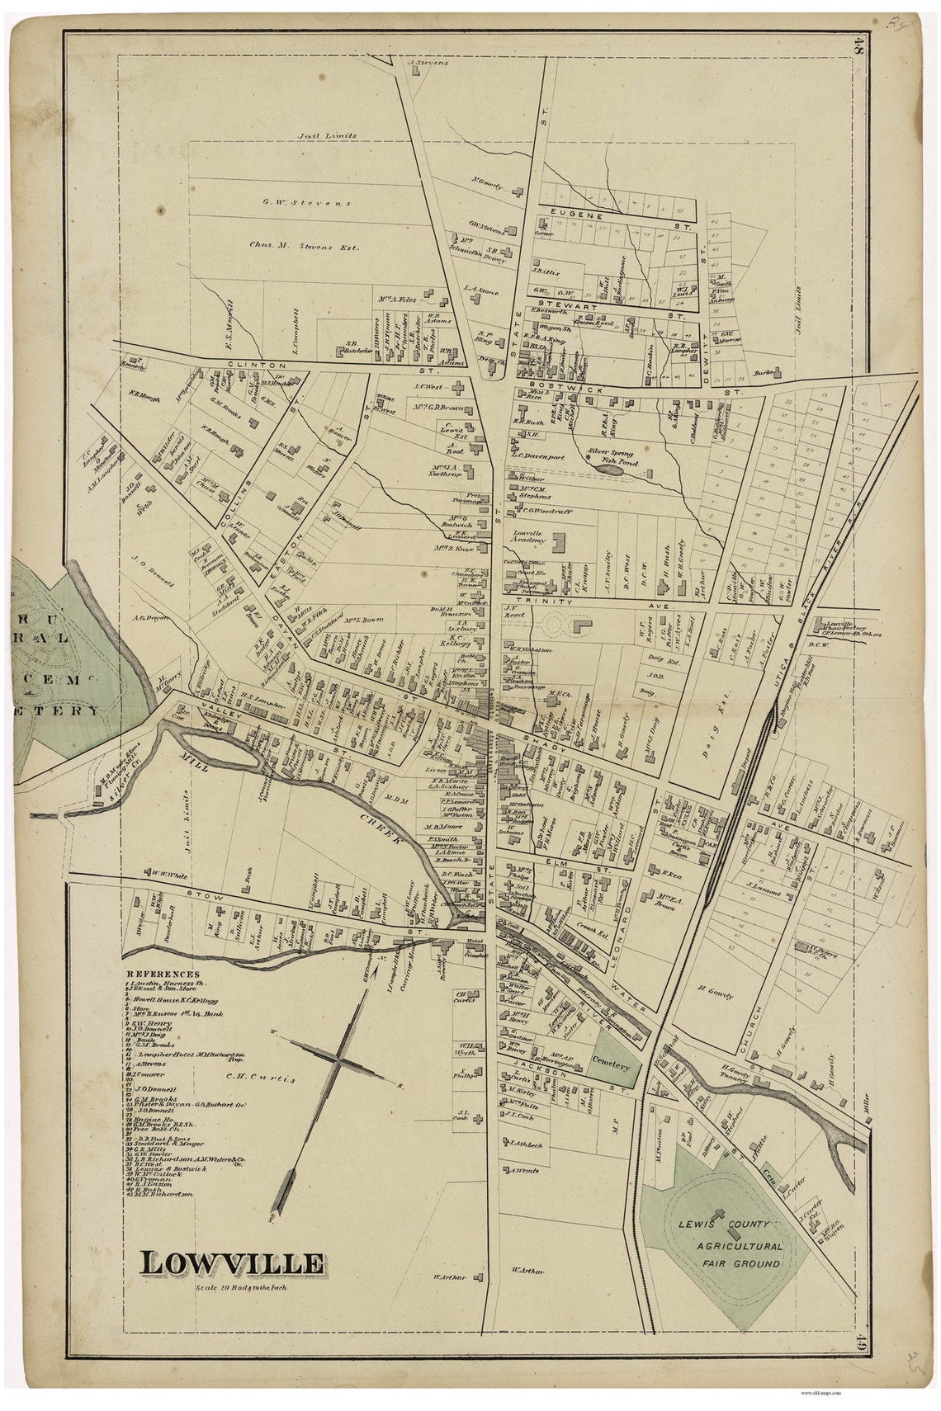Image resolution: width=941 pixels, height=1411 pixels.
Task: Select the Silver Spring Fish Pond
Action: click(610, 468)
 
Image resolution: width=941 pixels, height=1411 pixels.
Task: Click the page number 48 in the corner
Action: click(859, 48)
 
